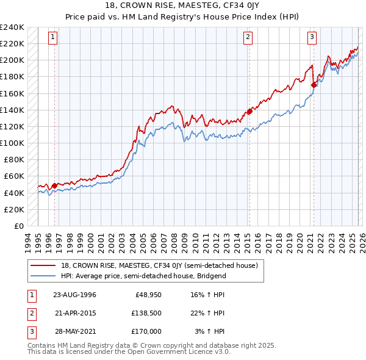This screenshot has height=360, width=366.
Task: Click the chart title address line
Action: pyautogui.click(x=183, y=5)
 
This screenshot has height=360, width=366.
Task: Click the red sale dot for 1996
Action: pyautogui.click(x=54, y=185)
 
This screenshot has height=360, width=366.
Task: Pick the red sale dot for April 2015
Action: pyautogui.click(x=249, y=112)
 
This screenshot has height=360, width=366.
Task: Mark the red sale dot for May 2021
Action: pyautogui.click(x=314, y=85)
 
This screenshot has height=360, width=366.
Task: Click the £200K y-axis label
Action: pyautogui.click(x=12, y=60)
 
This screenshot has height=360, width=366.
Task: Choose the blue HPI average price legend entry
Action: pyautogui.click(x=143, y=276)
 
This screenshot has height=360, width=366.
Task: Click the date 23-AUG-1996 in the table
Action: pyautogui.click(x=74, y=295)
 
